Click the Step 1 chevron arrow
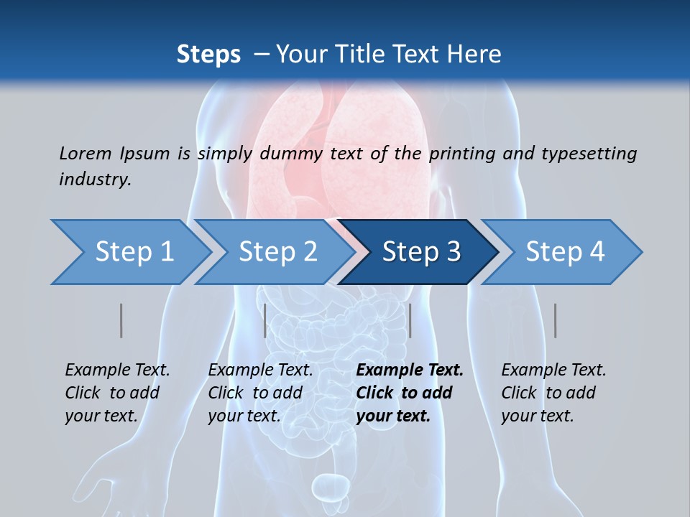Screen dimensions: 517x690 tap(133, 252)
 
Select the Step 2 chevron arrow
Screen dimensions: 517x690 tap(277, 252)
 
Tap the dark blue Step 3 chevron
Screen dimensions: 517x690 tap(420, 252)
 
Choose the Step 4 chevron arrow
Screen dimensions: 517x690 tap(564, 252)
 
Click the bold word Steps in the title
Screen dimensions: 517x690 tap(208, 55)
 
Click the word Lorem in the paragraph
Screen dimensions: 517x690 tap(85, 153)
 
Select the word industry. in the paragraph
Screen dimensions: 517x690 tap(95, 180)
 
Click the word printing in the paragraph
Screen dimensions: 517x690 tap(461, 153)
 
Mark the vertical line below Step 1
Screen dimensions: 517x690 tap(121, 320)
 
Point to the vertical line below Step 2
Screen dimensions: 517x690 tap(265, 320)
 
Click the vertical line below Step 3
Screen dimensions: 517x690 tap(410, 320)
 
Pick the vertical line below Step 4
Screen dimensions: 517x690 tap(555, 320)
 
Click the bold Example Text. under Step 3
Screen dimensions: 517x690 tap(410, 370)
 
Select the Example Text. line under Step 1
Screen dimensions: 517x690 tap(118, 370)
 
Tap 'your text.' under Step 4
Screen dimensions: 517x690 tap(537, 416)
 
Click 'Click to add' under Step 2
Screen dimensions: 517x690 tap(255, 393)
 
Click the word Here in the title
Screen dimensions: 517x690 tap(474, 55)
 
